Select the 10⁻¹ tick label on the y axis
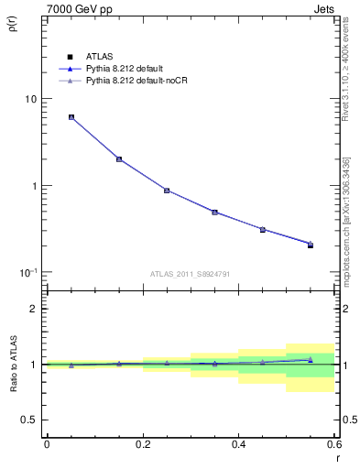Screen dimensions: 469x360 pyautogui.click(x=27, y=273)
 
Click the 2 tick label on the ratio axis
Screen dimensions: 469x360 pyautogui.click(x=34, y=309)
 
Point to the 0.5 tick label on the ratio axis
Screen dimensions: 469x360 pyautogui.click(x=29, y=420)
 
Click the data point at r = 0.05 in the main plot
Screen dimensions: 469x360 pyautogui.click(x=71, y=117)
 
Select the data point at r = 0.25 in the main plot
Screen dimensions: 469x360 pyautogui.click(x=167, y=191)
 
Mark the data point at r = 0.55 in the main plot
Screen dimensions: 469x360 pyautogui.click(x=311, y=245)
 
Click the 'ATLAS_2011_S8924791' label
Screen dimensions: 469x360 pyautogui.click(x=190, y=273)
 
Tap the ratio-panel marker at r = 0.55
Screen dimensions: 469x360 pyautogui.click(x=311, y=360)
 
